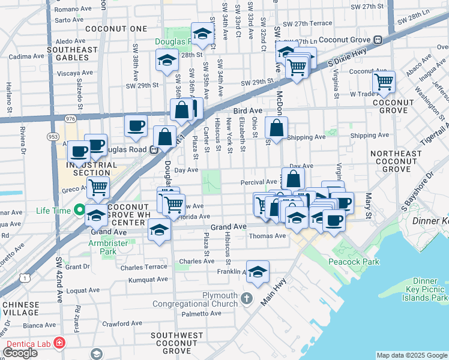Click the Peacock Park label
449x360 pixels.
354,262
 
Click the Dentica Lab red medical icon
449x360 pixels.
59,343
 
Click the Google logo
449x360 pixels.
20,353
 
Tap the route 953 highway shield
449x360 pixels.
52,137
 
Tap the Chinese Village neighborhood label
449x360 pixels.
21,309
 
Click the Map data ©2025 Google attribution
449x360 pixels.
411,355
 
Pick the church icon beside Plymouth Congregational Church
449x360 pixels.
247,298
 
